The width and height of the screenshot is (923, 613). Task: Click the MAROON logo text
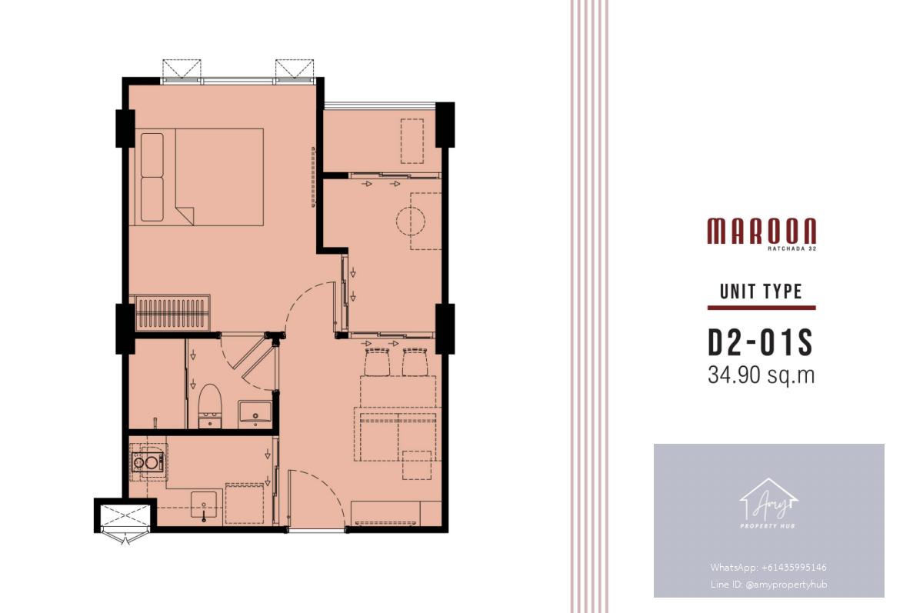[761, 231]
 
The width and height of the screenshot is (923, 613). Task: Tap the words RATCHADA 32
[792, 248]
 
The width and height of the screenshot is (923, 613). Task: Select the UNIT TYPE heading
[761, 292]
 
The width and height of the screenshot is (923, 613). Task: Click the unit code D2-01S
[760, 342]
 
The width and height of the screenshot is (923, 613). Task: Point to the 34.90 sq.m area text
[761, 375]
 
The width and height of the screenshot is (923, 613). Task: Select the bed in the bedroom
[197, 177]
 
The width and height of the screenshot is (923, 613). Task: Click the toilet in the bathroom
[210, 406]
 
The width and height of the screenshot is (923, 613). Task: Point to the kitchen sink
[204, 505]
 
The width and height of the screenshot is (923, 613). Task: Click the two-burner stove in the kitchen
[148, 461]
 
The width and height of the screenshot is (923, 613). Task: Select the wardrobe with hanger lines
[170, 313]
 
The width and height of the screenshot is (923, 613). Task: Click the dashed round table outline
[411, 222]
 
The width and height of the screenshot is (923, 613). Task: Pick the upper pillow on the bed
[152, 155]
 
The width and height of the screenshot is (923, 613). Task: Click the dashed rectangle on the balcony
[412, 141]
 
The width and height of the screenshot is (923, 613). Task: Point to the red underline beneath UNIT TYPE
[761, 308]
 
